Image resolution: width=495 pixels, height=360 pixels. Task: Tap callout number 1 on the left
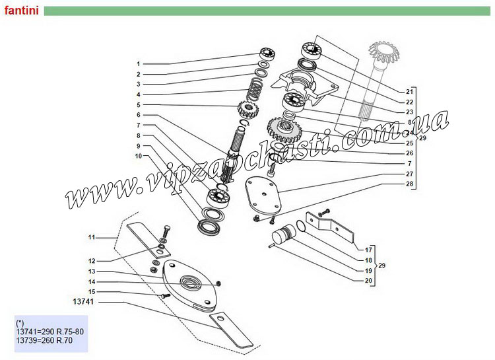[139, 64]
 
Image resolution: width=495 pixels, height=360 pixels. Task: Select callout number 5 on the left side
[139, 105]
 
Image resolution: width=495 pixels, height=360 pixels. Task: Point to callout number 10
[139, 156]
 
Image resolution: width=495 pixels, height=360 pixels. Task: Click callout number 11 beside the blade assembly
[92, 236]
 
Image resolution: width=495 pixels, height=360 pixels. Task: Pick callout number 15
[92, 291]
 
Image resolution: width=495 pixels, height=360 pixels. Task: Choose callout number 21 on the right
[409, 90]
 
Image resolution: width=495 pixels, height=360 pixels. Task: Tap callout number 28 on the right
[409, 183]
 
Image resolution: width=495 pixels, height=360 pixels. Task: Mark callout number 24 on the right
[409, 133]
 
